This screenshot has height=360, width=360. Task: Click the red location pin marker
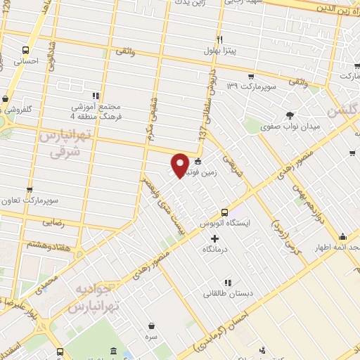click(179, 164)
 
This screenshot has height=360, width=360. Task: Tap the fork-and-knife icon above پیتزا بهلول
click(220, 39)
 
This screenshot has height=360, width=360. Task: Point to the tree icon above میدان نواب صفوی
click(289, 115)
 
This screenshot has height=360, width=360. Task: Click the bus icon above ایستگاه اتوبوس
click(225, 212)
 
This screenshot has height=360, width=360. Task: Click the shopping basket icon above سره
click(152, 326)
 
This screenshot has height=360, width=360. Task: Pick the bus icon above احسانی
click(26, 50)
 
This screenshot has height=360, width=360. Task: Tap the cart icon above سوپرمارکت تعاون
click(29, 189)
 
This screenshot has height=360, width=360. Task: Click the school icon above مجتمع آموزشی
click(96, 95)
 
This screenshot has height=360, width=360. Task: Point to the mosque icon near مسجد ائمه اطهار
click(342, 236)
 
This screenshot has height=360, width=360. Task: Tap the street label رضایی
click(53, 221)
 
